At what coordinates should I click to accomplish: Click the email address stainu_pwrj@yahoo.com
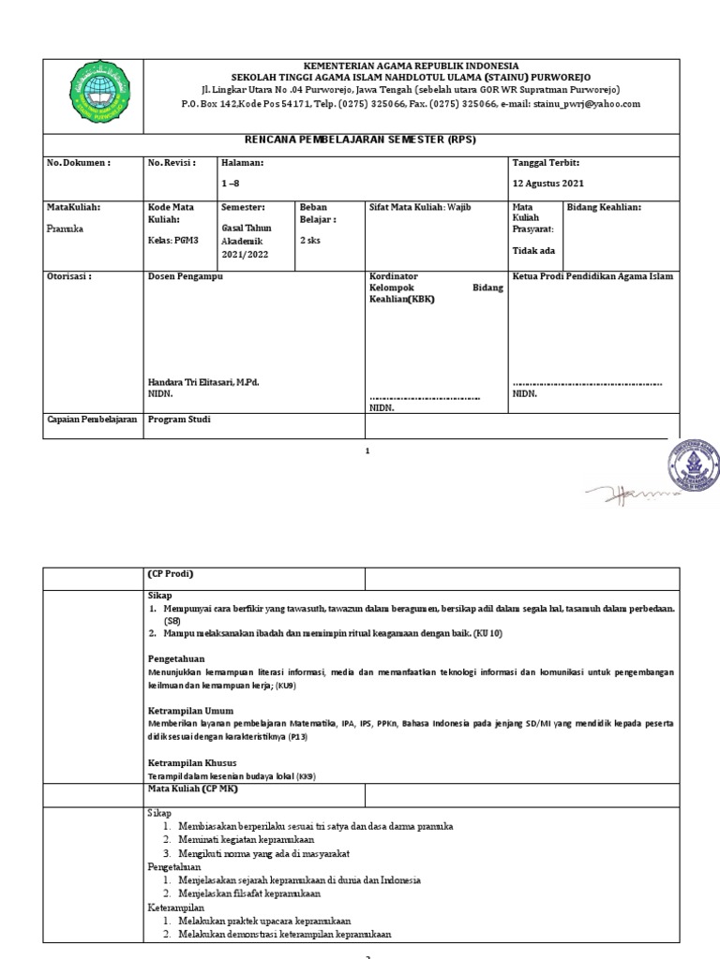click(586, 104)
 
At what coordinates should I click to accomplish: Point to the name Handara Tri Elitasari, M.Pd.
click(202, 383)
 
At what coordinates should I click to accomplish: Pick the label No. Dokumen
click(79, 163)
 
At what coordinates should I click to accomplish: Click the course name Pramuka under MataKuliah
click(65, 228)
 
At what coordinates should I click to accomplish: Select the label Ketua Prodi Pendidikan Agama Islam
click(592, 277)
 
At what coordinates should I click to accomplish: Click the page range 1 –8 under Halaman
click(232, 184)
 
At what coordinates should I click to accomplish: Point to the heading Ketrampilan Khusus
click(192, 762)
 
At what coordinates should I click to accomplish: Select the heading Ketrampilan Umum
click(190, 711)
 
